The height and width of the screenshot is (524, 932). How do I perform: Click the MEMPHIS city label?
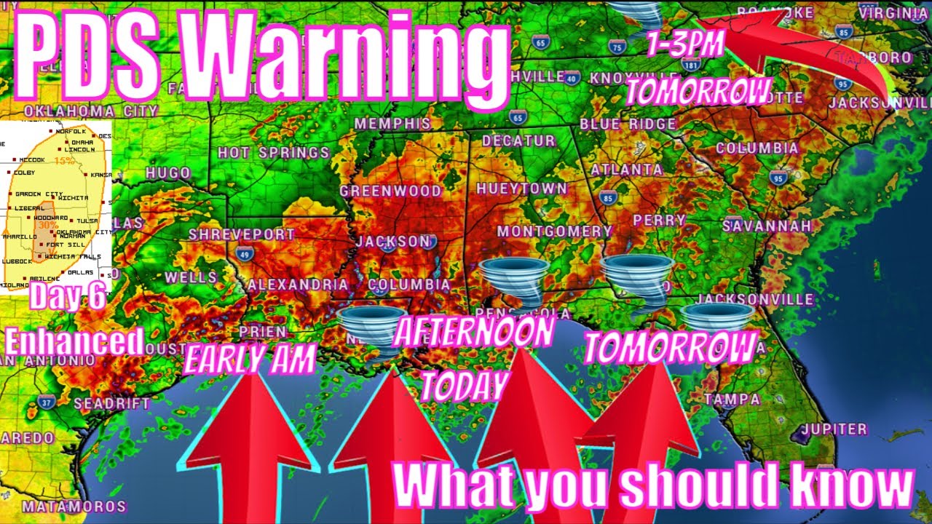click(x=392, y=124)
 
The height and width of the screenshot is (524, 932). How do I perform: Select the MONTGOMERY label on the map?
click(x=554, y=231)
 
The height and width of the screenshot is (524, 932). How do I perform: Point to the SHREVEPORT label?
click(x=242, y=234)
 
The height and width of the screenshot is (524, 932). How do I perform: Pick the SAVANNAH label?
click(x=767, y=226)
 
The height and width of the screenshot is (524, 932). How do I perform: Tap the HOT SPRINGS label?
click(x=274, y=153)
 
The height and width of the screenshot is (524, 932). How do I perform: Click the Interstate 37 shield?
click(x=47, y=402)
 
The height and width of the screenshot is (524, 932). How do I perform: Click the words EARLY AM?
click(x=250, y=359)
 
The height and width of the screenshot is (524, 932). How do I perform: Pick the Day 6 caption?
click(x=68, y=298)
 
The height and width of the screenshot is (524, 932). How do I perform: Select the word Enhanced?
click(x=74, y=341)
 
